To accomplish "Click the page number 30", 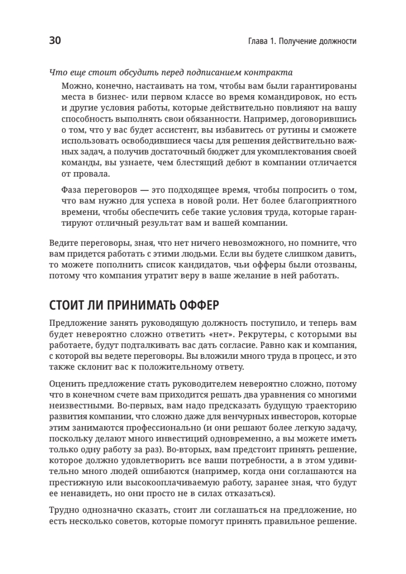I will click(55, 41).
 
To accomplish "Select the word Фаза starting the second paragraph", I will click(73, 189).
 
